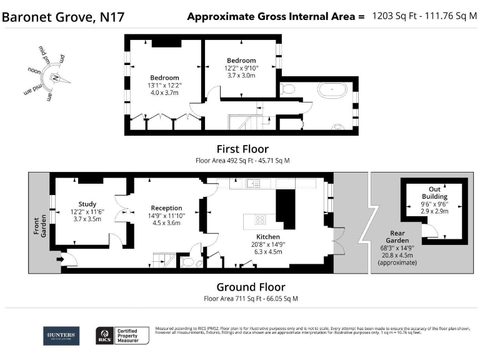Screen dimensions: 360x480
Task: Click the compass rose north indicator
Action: coord(56,78)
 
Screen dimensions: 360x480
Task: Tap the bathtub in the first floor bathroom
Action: coord(331,91)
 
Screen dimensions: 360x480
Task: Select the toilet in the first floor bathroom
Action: coord(287,90)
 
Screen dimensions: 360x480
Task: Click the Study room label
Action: coord(87,204)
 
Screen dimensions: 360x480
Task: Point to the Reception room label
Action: coord(166,208)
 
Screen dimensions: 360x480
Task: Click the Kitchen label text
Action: coord(267,237)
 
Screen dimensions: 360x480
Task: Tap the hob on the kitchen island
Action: coord(259,219)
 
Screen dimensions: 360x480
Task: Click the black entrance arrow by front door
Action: coord(60,258)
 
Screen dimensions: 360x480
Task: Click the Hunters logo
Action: coord(61,336)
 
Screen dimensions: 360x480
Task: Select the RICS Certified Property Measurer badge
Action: coord(122,336)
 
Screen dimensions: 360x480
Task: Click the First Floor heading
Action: coord(242,149)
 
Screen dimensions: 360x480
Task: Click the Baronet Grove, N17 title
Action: coord(63,17)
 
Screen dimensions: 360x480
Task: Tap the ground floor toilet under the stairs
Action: coord(187,261)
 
